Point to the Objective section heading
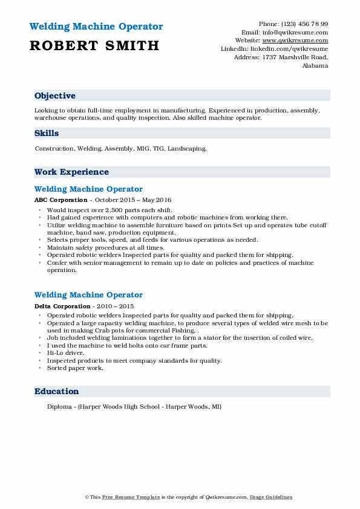(x=55, y=96)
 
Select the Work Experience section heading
(x=71, y=172)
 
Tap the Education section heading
(x=57, y=392)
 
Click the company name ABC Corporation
(x=61, y=200)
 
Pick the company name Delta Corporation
(x=63, y=306)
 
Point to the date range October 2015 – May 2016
(x=134, y=200)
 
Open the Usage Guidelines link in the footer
(x=272, y=498)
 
